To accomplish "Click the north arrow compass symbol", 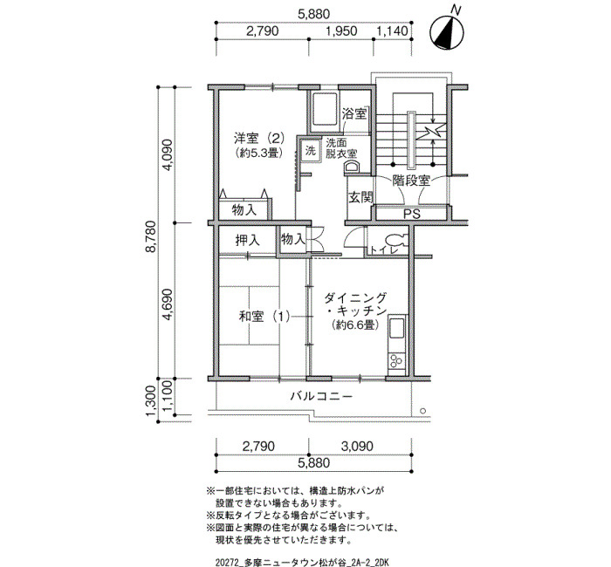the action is (447, 33).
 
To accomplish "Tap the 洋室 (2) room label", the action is (258, 138).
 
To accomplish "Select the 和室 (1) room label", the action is (264, 316).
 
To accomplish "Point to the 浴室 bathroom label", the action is (354, 114).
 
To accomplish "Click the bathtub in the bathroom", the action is (323, 109).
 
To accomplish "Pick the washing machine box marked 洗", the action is (310, 150).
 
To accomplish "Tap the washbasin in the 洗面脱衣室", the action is (351, 167).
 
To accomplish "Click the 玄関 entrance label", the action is (360, 197).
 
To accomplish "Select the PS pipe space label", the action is (411, 215).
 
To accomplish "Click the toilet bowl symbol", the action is (396, 240).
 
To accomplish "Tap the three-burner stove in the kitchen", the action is (396, 360).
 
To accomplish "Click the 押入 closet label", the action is (247, 240).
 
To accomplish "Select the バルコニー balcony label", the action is (321, 396).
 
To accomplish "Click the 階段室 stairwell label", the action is (411, 181).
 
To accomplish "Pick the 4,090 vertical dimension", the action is (168, 155).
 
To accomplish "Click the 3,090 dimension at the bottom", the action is (357, 447).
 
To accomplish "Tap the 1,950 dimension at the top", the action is (342, 31).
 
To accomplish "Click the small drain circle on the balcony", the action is (422, 411).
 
